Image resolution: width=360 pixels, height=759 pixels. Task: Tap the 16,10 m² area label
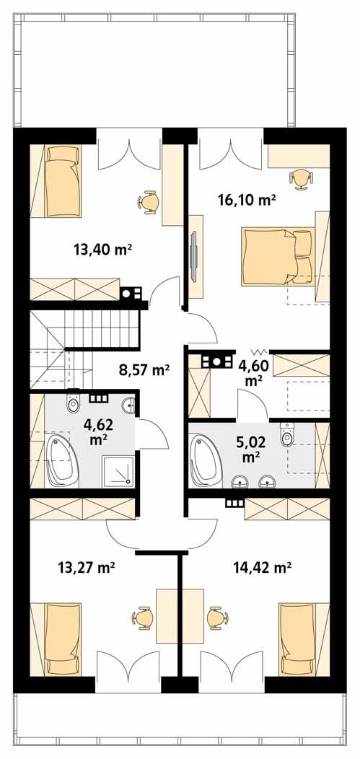(247, 200)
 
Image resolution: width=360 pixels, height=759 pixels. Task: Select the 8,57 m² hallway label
(144, 370)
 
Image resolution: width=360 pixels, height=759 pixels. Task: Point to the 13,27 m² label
(87, 568)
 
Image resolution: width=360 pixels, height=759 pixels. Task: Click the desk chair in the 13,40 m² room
(149, 201)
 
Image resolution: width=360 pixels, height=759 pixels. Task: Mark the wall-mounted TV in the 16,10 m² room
(194, 255)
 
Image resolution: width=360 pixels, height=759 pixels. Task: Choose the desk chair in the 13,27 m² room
(141, 618)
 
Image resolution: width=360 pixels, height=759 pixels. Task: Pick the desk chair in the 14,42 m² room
(215, 618)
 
